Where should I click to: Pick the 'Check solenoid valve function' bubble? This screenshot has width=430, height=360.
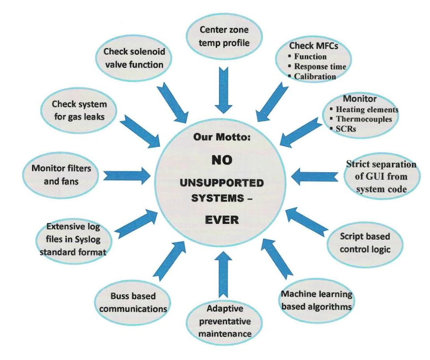click(x=134, y=58)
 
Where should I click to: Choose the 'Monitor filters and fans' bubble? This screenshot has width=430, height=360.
click(x=61, y=175)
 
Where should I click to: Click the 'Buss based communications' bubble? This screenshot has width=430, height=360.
click(x=133, y=303)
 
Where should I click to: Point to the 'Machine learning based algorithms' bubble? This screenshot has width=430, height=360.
click(x=316, y=300)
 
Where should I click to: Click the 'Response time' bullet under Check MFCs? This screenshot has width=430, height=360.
click(x=320, y=67)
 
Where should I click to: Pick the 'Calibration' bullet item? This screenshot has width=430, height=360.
click(x=315, y=77)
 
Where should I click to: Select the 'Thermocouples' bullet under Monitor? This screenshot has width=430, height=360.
click(x=363, y=119)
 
